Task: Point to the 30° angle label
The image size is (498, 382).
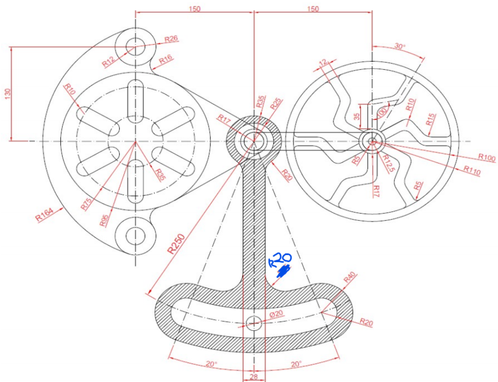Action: click(400, 47)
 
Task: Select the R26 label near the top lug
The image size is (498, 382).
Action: click(171, 39)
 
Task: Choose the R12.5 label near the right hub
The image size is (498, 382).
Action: click(389, 161)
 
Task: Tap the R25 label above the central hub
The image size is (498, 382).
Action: click(276, 103)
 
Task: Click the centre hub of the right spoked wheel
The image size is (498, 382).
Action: click(372, 141)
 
